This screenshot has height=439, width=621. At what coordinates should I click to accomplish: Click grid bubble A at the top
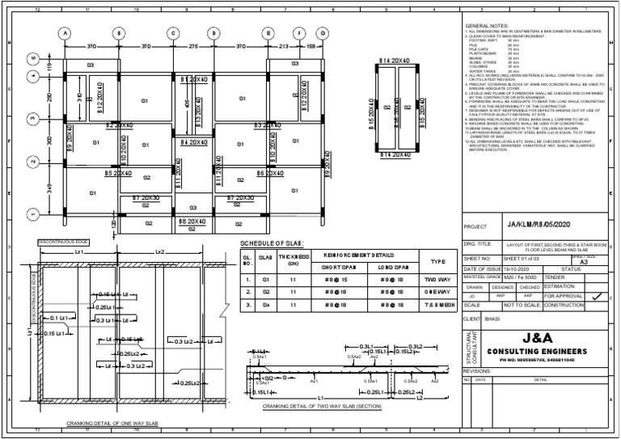pos(64,33)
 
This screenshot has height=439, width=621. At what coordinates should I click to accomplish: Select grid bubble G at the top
pos(323,33)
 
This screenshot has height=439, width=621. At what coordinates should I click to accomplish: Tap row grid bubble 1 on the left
pos(33,214)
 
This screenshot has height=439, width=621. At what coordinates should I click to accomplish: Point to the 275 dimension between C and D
pos(193,47)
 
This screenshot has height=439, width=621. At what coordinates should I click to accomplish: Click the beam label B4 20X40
pos(193,142)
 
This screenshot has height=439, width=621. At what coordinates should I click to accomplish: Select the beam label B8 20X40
pos(192,221)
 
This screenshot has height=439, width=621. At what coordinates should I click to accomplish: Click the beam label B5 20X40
pos(119,173)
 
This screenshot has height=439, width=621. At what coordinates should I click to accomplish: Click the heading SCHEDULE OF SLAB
pos(272,243)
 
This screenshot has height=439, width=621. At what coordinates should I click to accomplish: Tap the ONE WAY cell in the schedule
pos(437,291)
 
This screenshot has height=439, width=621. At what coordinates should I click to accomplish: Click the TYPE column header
pos(437,261)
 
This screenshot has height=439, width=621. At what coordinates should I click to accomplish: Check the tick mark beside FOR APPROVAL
pos(596,297)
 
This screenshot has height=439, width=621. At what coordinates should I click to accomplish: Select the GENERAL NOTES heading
pos(489,27)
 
